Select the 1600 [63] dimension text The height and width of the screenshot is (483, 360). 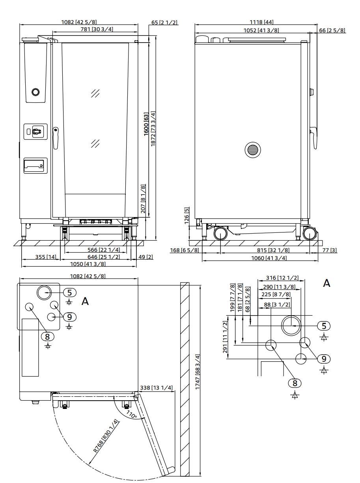click(146, 124)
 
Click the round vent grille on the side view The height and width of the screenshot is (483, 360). click(253, 150)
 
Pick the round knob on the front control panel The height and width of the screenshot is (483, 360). click(35, 92)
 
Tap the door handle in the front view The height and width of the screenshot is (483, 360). click(55, 137)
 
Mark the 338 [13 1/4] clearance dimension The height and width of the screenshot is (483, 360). click(157, 388)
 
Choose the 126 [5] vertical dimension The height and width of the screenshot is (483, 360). click(187, 215)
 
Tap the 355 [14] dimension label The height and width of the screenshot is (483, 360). click(46, 257)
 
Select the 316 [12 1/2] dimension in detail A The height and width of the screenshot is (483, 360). click(282, 278)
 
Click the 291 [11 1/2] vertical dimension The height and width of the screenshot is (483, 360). click(225, 337)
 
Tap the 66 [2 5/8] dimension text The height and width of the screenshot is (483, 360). click(332, 30)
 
